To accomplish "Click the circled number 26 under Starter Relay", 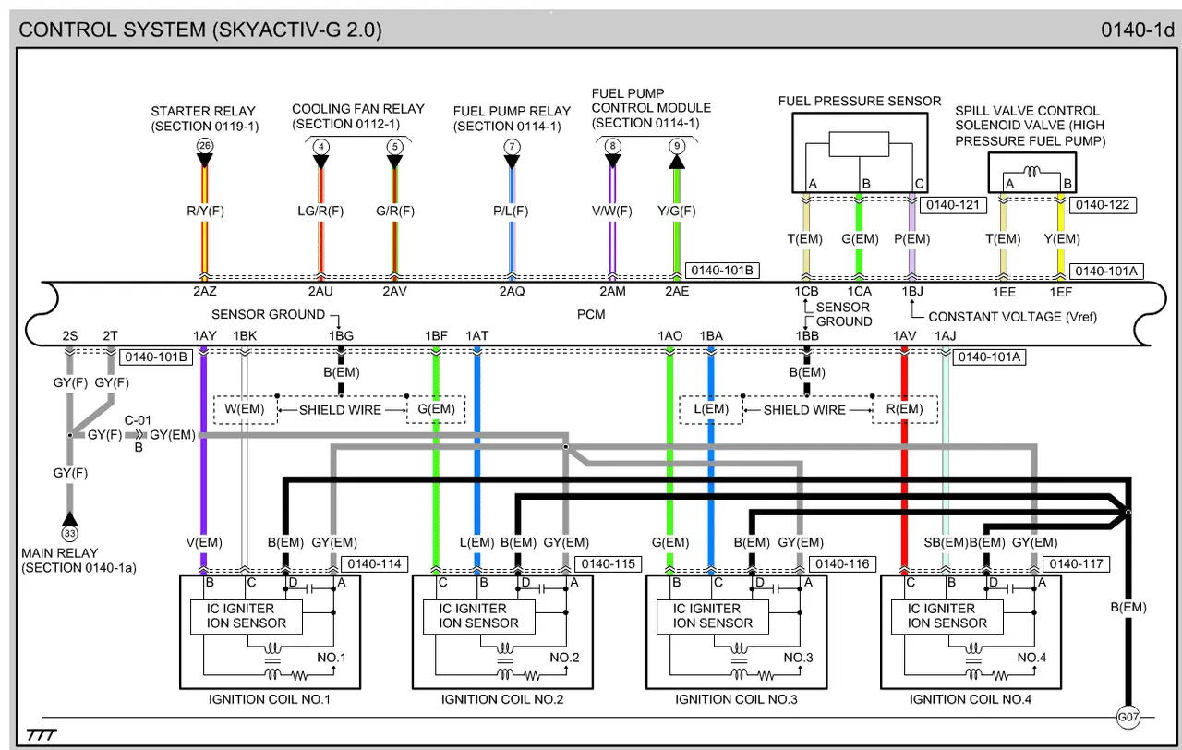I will pos(204,146).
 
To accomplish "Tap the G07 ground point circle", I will pos(1128,717).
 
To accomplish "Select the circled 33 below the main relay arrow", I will pos(69,534).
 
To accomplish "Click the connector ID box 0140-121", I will pos(950,205).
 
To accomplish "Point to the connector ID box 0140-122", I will pos(1105,205).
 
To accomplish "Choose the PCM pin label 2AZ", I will pos(204,291).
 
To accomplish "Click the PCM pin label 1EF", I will pos(1060,291).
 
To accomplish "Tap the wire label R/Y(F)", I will pos(205,211).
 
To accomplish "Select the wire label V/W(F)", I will pos(612,211).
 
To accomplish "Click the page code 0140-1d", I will pos(1136,30).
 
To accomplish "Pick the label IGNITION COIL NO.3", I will pos(736,699).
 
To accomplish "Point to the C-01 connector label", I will pos(139,418).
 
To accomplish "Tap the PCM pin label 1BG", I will pos(341,335).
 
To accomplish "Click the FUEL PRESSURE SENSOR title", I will pos(859,101).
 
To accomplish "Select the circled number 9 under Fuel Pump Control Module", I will pos(677,146).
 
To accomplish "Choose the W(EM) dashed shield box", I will pos(245,409).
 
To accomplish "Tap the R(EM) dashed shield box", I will pos(904,409).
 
